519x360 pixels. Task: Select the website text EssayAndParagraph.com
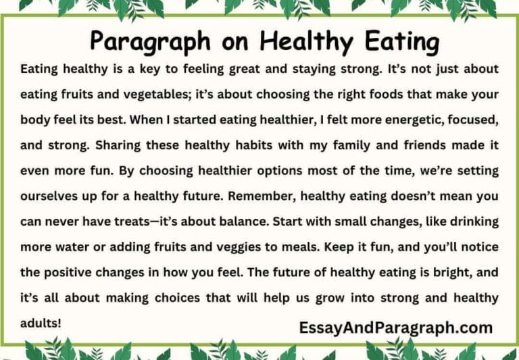coord(395,328)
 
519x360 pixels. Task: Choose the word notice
coord(472,247)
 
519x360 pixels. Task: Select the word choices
coord(175,298)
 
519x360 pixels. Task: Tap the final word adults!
coord(41,323)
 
